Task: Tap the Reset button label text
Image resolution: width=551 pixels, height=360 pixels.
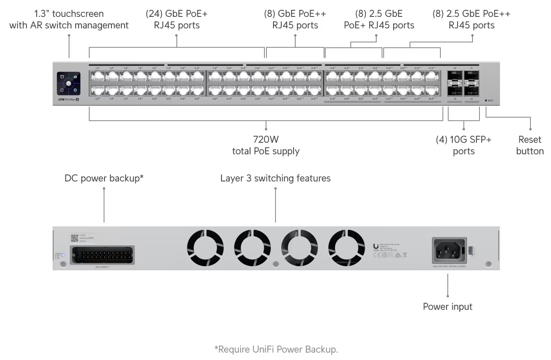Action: (x=530, y=145)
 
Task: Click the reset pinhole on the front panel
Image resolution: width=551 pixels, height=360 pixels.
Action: (x=486, y=100)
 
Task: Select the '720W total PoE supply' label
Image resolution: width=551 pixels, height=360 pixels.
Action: (x=266, y=145)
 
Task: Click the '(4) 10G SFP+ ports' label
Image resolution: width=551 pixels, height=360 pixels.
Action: (x=463, y=145)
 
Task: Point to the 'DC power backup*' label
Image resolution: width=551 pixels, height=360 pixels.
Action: (x=104, y=178)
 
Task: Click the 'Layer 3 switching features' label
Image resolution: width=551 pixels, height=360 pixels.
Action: (x=275, y=178)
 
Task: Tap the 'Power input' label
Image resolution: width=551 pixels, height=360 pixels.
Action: (x=447, y=307)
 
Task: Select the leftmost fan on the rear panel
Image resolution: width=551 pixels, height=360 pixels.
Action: (x=205, y=248)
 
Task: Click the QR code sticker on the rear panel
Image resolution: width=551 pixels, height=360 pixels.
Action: (x=74, y=238)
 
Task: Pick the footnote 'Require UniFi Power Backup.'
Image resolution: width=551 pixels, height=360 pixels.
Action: (x=276, y=349)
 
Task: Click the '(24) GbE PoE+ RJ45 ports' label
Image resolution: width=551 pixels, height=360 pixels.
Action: (x=176, y=19)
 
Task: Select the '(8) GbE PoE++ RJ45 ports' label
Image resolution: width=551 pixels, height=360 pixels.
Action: (x=295, y=19)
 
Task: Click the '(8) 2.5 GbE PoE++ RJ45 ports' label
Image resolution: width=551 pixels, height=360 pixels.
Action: (x=471, y=19)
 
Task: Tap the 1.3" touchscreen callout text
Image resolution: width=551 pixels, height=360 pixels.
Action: (x=69, y=19)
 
